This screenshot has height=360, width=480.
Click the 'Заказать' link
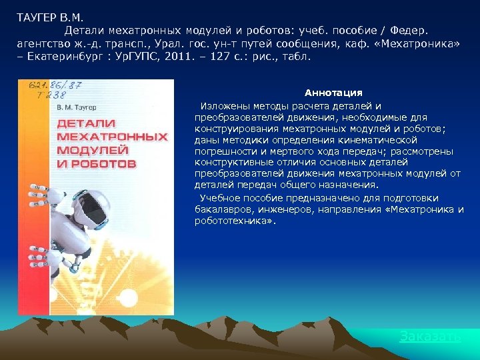click(x=430, y=337)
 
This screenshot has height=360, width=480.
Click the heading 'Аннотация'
click(x=333, y=93)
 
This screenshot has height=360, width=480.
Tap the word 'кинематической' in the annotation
click(x=383, y=140)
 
